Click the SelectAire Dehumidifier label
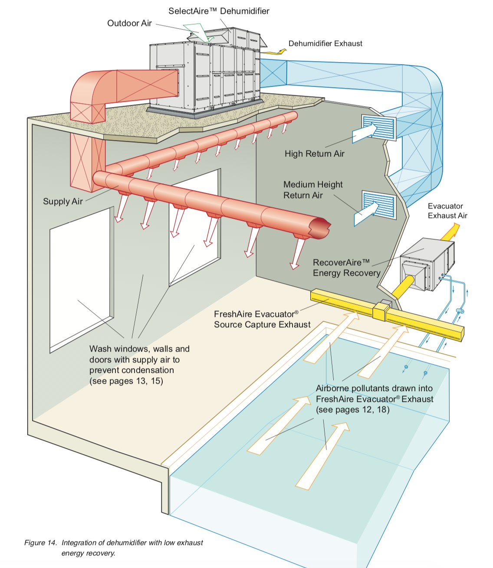pos(219,11)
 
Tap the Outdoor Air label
pos(129,23)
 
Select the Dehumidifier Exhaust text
pos(325,43)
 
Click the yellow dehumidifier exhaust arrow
pos(274,52)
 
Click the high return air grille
pos(378,127)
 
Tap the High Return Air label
pos(314,153)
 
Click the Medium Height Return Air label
pos(312,190)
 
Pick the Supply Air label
pos(63,201)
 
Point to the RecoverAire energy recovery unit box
pos(427,264)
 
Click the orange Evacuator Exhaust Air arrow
pos(450,231)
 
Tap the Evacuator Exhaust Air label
pos(447,211)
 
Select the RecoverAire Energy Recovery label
pos(346,268)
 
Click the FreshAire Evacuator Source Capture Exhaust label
pos(262,319)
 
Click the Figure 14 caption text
pos(113,548)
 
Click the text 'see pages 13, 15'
pos(126,381)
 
